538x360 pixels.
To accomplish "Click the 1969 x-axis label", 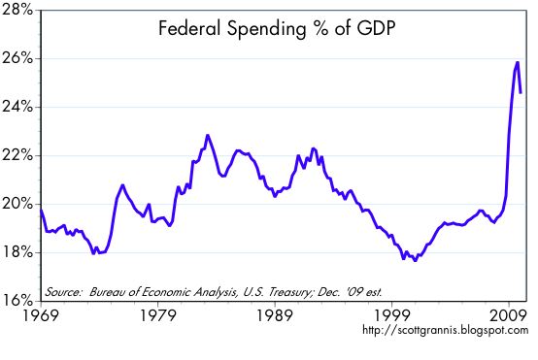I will (x=41, y=316).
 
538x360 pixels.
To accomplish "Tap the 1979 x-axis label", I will (x=158, y=316).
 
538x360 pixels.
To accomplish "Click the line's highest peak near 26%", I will (x=518, y=62).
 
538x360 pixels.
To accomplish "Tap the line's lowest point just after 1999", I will (x=416, y=260).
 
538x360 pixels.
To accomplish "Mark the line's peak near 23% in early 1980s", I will (x=208, y=135).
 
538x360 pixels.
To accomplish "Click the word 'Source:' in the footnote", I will (x=63, y=290).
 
